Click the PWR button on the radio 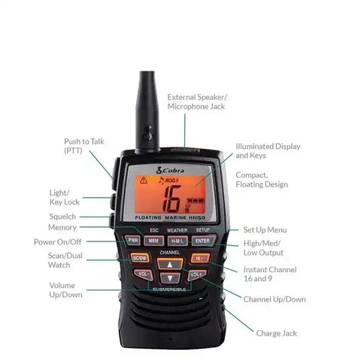[132, 241]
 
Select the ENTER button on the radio [202, 241]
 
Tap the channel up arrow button [171, 265]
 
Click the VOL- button [144, 275]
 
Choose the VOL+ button [196, 275]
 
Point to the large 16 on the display [169, 199]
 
